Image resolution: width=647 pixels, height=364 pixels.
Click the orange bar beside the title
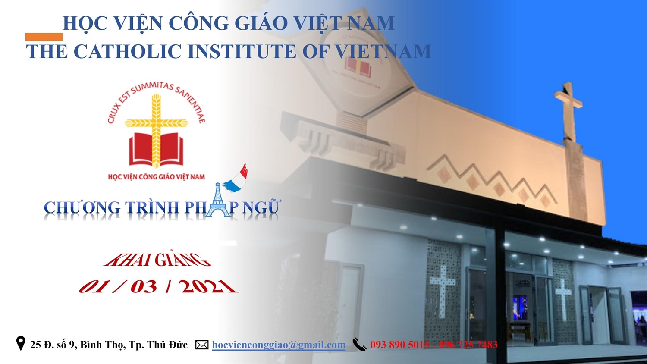point(44,37)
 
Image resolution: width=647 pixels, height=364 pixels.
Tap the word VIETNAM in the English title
point(383,51)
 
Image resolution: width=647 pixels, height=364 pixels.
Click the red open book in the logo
point(156,150)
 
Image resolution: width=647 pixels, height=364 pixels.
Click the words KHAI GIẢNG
point(157,260)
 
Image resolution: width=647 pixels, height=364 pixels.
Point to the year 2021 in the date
point(208,286)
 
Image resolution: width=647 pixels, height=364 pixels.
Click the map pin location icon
point(21,343)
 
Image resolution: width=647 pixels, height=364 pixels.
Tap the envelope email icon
point(202,345)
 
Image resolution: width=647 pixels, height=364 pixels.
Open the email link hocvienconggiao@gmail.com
point(279,345)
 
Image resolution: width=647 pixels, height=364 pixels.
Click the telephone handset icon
point(359,344)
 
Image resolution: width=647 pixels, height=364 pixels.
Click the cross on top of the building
point(568,111)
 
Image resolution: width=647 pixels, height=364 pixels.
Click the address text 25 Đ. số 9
point(53,345)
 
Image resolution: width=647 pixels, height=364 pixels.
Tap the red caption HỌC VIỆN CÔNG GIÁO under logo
point(156,176)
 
